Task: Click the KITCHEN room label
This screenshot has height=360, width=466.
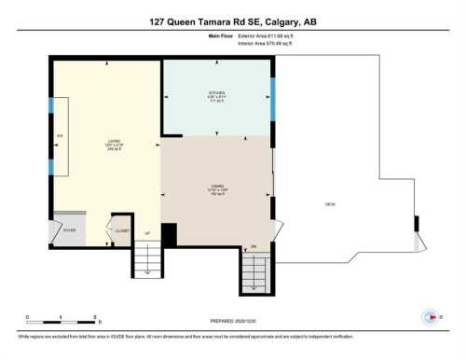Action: [x=217, y=94]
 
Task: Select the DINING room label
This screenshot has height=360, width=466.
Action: [x=217, y=187]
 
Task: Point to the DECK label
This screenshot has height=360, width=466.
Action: [x=330, y=204]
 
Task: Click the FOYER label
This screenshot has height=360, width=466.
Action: [x=69, y=228]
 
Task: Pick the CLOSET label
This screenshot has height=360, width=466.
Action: [x=122, y=228]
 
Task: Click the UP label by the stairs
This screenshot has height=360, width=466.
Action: [x=147, y=233]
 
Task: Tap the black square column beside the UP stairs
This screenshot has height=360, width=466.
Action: [x=169, y=236]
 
